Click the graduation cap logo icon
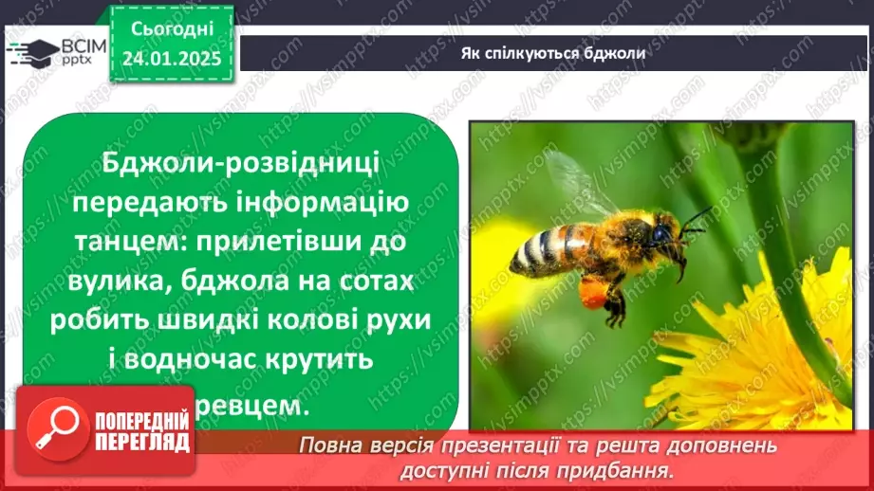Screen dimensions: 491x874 pos(30,52)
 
